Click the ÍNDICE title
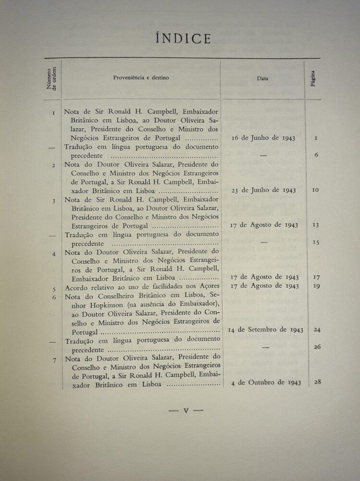tap(183, 38)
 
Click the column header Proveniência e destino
tap(141, 77)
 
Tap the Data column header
tap(262, 78)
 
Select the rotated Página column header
tap(313, 78)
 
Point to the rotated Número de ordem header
tap(51, 78)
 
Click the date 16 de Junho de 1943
tap(263, 138)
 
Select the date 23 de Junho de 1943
tap(263, 190)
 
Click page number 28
tap(317, 382)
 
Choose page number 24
tap(317, 329)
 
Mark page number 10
tap(315, 190)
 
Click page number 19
tap(317, 286)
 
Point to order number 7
tap(54, 359)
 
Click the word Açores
tap(208, 286)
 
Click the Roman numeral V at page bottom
tap(186, 411)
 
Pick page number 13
tap(316, 225)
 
